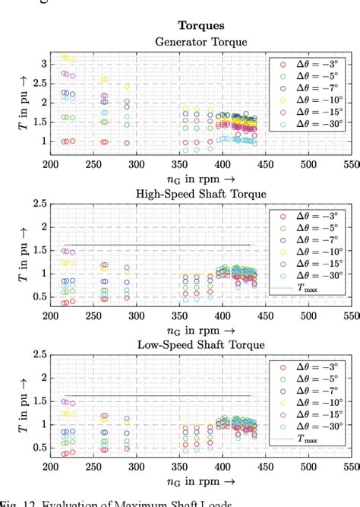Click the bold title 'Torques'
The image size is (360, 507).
click(x=202, y=26)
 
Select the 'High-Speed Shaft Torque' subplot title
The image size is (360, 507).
click(x=201, y=194)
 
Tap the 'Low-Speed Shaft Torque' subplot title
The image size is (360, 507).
click(x=201, y=344)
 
